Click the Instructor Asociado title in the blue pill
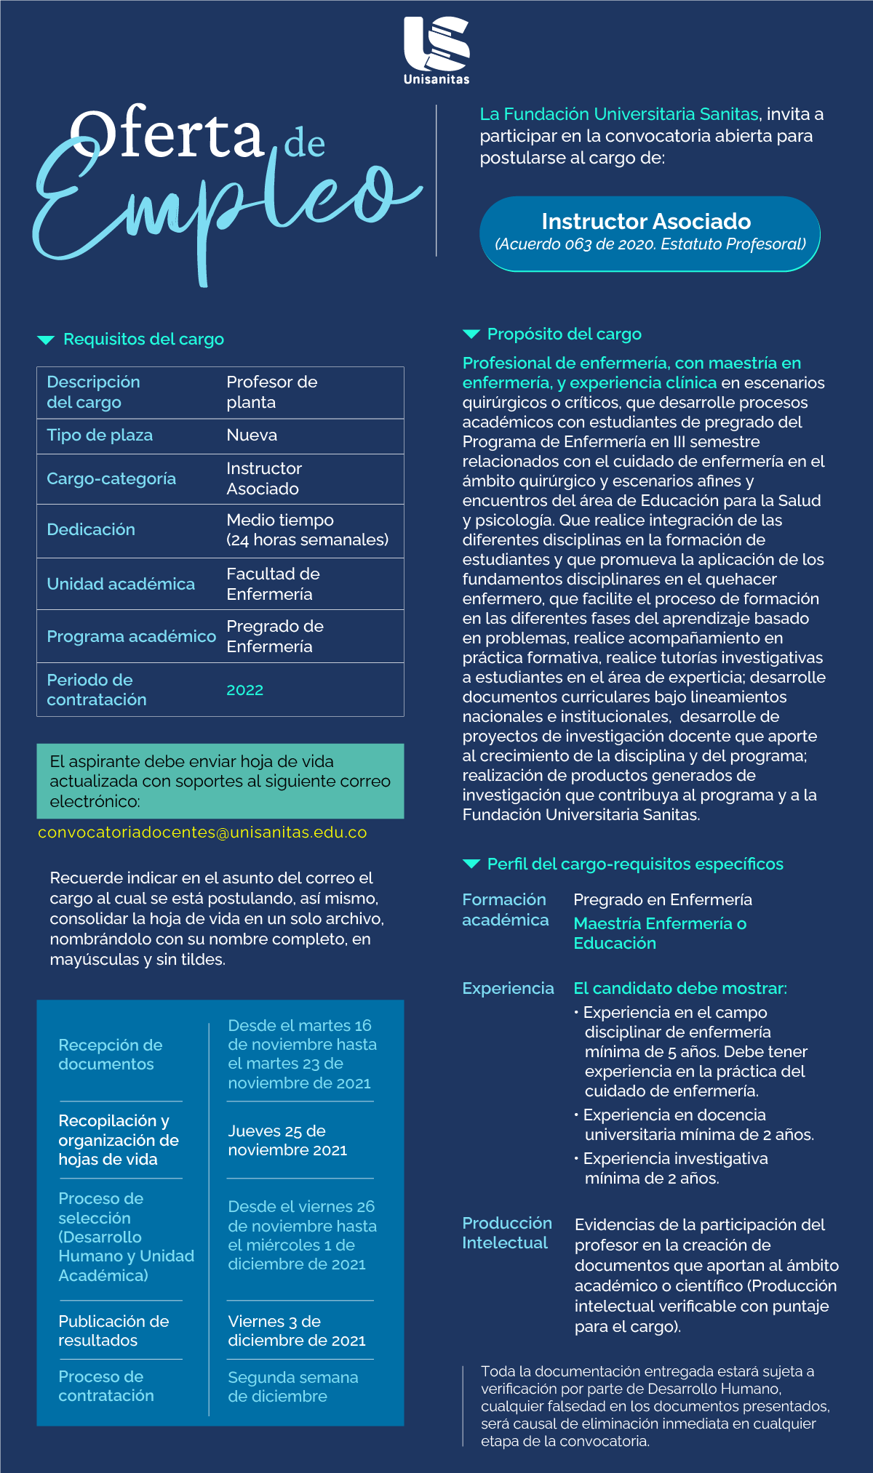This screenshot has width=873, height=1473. [646, 221]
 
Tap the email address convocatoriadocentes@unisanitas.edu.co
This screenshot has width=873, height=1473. [202, 832]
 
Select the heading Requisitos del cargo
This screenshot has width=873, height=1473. [143, 340]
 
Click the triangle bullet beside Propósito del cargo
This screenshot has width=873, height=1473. [471, 334]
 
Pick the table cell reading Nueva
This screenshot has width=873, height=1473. [252, 436]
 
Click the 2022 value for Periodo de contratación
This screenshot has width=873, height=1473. [244, 690]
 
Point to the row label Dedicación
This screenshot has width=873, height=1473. [91, 530]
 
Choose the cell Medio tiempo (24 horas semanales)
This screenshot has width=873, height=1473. [307, 530]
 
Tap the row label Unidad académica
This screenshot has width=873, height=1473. [121, 585]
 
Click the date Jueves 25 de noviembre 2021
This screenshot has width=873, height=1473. [287, 1140]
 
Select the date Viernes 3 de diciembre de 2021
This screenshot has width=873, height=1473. [296, 1330]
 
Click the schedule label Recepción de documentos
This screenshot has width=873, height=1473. [110, 1054]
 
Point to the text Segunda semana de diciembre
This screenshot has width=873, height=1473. [292, 1386]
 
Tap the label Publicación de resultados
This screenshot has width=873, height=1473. [113, 1330]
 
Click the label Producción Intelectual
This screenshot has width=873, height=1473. [506, 1233]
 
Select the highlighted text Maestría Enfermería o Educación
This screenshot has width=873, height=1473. [659, 934]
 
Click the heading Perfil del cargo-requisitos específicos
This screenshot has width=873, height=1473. [634, 864]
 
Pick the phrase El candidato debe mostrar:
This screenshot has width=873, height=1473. [679, 989]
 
